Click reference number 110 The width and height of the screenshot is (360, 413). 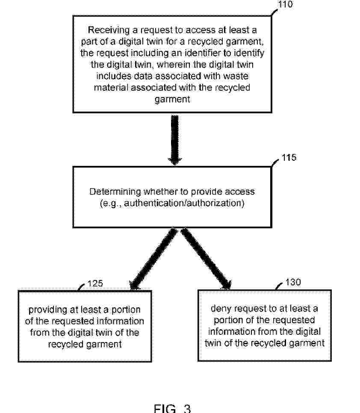(286, 4)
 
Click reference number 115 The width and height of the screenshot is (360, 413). (289, 157)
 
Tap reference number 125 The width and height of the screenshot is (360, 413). (95, 283)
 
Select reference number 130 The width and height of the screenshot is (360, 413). (293, 282)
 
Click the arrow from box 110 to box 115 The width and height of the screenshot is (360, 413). (174, 140)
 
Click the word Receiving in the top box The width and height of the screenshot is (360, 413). (109, 30)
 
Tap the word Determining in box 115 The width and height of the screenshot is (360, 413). (115, 192)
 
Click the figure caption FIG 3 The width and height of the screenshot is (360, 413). (172, 408)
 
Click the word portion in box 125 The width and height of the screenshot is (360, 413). (126, 310)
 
